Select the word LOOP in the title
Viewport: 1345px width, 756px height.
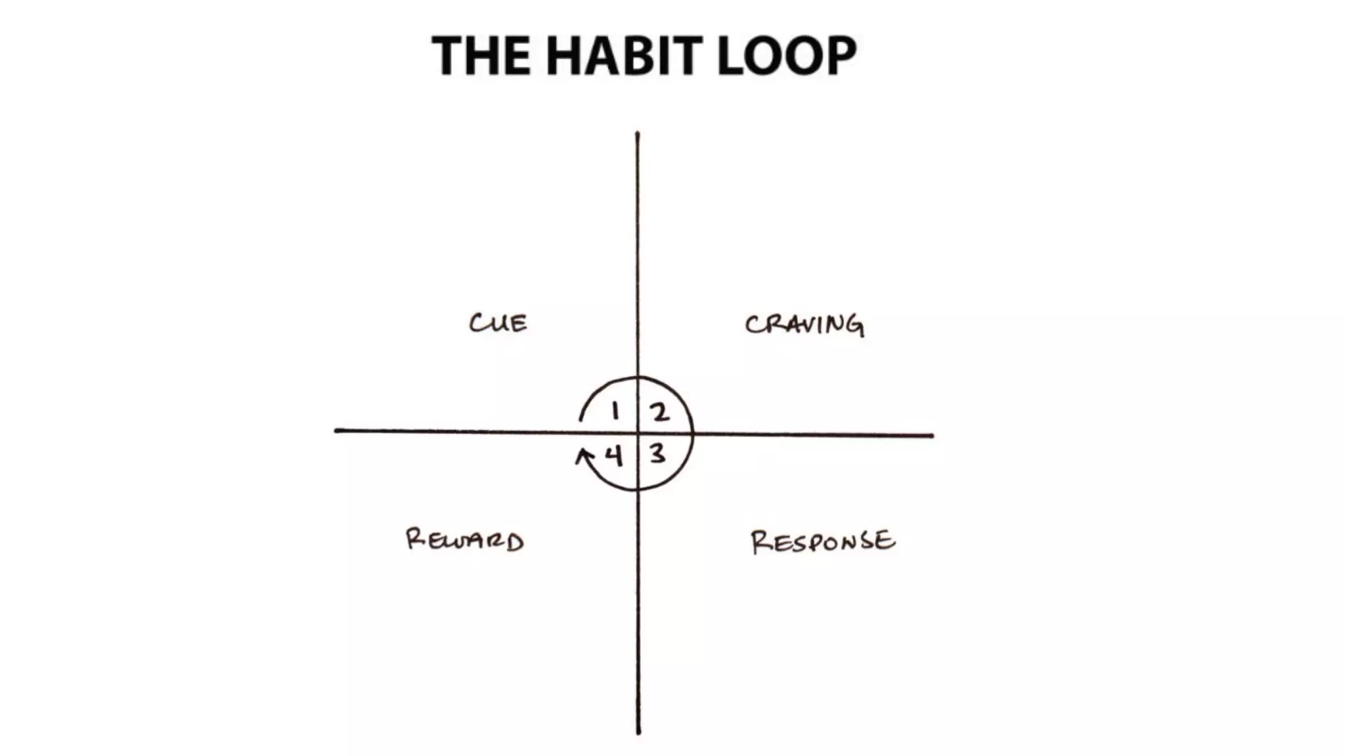tap(786, 56)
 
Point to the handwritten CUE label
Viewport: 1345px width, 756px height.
tap(498, 323)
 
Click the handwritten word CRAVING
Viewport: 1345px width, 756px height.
tap(804, 325)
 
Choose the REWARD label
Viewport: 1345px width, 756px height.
tap(464, 540)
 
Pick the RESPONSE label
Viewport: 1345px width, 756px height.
tap(822, 541)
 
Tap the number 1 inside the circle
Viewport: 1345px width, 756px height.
tap(615, 411)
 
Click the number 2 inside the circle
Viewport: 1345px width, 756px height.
tap(659, 413)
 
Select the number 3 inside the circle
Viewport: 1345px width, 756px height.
tap(657, 453)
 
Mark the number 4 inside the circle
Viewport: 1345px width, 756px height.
tap(613, 455)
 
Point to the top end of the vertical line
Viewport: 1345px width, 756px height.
tap(637, 135)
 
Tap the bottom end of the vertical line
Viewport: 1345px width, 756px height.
tap(638, 732)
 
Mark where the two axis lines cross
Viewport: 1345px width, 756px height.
tap(638, 433)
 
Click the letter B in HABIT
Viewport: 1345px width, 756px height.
tap(643, 56)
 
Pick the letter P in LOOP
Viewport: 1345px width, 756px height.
tap(839, 56)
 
